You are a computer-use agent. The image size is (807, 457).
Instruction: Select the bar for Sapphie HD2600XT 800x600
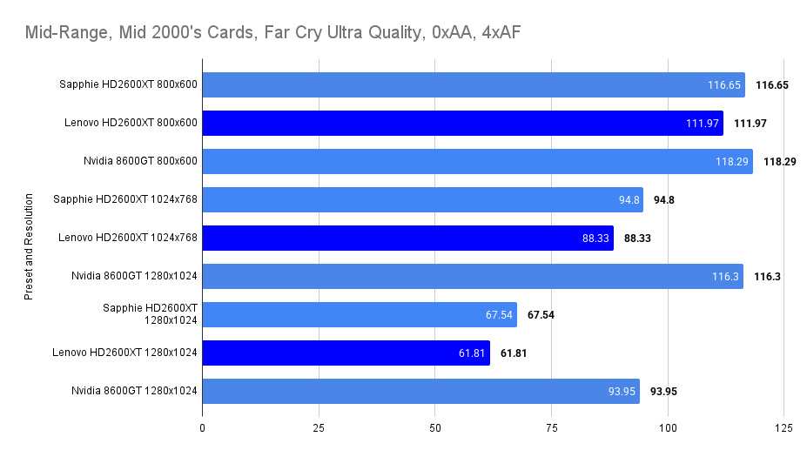coord(474,84)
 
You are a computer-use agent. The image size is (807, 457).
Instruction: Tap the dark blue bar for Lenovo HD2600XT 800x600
coord(462,123)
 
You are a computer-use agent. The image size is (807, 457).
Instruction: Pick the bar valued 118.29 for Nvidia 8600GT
coord(477,161)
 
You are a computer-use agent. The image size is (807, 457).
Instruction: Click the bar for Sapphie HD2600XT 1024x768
coord(422,199)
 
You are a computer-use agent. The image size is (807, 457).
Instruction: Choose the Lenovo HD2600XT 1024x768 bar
coord(407,238)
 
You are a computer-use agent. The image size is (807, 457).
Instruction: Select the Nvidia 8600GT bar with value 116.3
coord(473,276)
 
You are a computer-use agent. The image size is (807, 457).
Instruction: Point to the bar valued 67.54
coord(360,314)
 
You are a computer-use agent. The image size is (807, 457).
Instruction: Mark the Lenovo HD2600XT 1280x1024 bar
coord(346,353)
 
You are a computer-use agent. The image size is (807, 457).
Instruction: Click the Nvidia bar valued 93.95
coord(420,391)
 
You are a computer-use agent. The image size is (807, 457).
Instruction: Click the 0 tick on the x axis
coord(203,428)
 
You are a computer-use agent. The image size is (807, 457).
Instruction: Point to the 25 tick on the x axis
coord(319,428)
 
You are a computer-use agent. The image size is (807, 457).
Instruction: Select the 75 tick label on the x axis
coord(551,428)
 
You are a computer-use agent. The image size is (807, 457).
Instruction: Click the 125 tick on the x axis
coord(783,428)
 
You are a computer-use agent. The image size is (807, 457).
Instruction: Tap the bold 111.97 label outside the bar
coord(750,123)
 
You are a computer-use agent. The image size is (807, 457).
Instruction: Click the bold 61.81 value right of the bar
coord(514,353)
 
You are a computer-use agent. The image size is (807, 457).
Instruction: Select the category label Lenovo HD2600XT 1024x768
coord(128,238)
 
